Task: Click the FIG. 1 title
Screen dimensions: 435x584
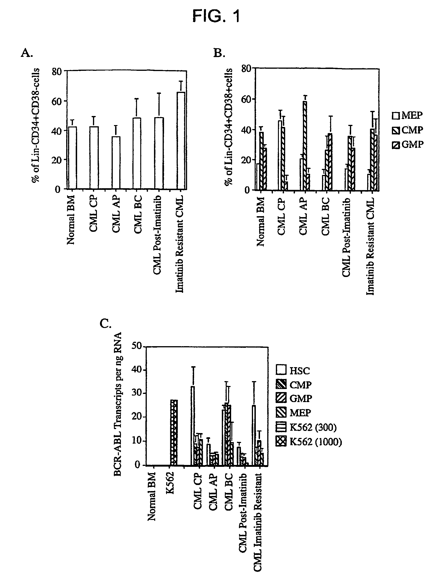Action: pyautogui.click(x=216, y=16)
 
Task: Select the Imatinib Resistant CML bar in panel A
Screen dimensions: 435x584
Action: pyautogui.click(x=181, y=141)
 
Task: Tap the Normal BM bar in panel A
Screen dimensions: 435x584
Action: pyautogui.click(x=73, y=158)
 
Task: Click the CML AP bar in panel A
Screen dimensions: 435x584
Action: pyautogui.click(x=116, y=163)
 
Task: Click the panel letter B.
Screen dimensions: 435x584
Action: pyautogui.click(x=219, y=53)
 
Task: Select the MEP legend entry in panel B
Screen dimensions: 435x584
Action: pyautogui.click(x=407, y=115)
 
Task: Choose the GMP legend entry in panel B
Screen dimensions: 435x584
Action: pyautogui.click(x=408, y=144)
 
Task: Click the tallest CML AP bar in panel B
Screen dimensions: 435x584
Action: pyautogui.click(x=305, y=146)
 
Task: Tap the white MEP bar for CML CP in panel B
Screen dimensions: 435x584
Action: pyautogui.click(x=280, y=155)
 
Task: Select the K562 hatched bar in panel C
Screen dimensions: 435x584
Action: pyautogui.click(x=174, y=433)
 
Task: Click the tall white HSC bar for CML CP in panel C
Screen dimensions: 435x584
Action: pyautogui.click(x=193, y=426)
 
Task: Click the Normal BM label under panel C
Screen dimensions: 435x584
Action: pyautogui.click(x=152, y=497)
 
